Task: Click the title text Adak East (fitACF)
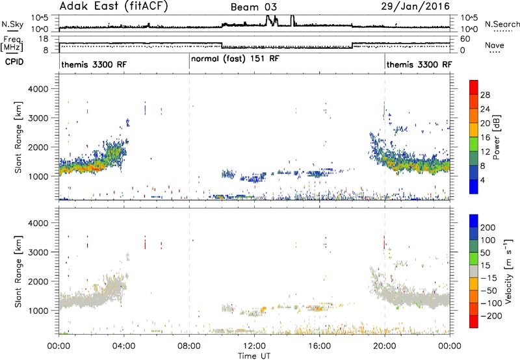click(114, 6)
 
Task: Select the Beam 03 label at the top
click(253, 7)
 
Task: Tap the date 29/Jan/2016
click(415, 6)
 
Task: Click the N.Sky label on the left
click(12, 24)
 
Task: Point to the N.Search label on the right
click(502, 24)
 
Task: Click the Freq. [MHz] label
click(12, 44)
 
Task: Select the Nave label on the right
click(495, 45)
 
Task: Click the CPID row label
click(14, 62)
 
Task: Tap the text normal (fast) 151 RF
click(235, 59)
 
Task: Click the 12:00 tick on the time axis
click(254, 346)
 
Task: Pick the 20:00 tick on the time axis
click(385, 346)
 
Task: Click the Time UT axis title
click(254, 355)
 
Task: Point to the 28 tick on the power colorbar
click(485, 95)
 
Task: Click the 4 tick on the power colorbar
click(483, 180)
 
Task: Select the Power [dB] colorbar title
click(496, 137)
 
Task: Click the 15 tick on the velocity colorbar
click(485, 266)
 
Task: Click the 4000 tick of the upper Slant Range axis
click(38, 89)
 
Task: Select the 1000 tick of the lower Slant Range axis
click(38, 310)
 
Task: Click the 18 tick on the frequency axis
click(44, 39)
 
